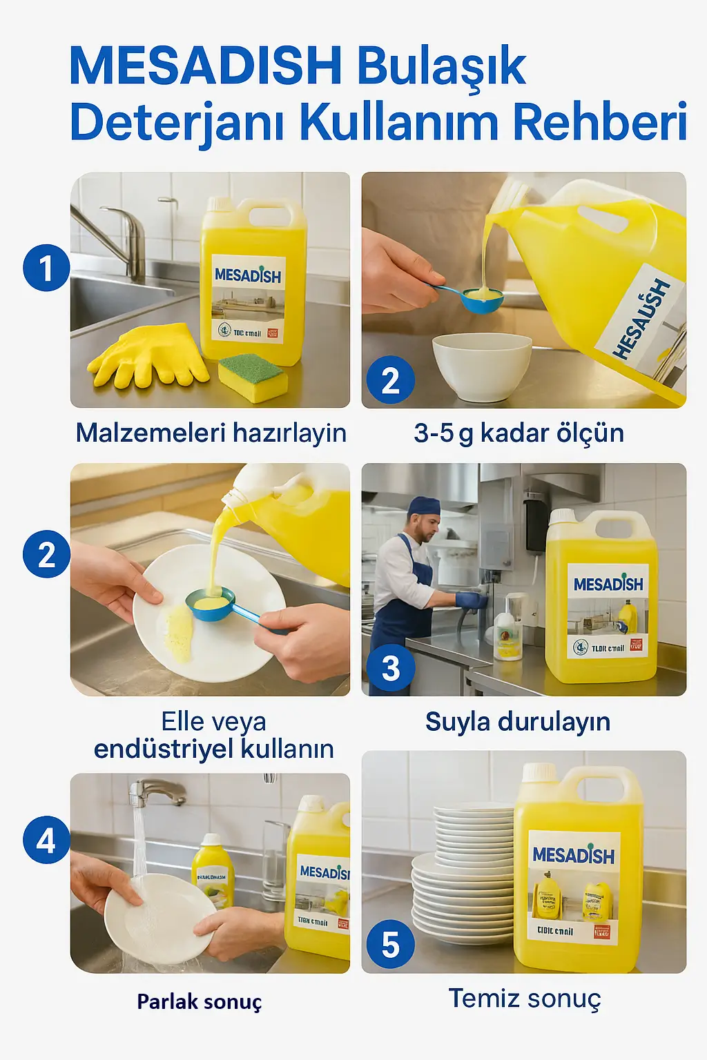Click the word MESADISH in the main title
point(206,66)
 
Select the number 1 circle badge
point(46,268)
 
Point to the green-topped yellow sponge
point(253,377)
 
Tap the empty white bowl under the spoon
point(481,366)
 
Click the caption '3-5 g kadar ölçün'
point(519,433)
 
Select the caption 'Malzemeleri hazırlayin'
point(211,433)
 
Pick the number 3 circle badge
point(391,668)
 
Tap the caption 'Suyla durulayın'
point(518,722)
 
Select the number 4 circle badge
point(46,840)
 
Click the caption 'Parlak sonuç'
point(199,1001)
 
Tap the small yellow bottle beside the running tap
point(213,873)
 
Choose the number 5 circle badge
point(391,945)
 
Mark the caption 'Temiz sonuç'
point(525,999)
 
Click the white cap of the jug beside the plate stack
point(539,772)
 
